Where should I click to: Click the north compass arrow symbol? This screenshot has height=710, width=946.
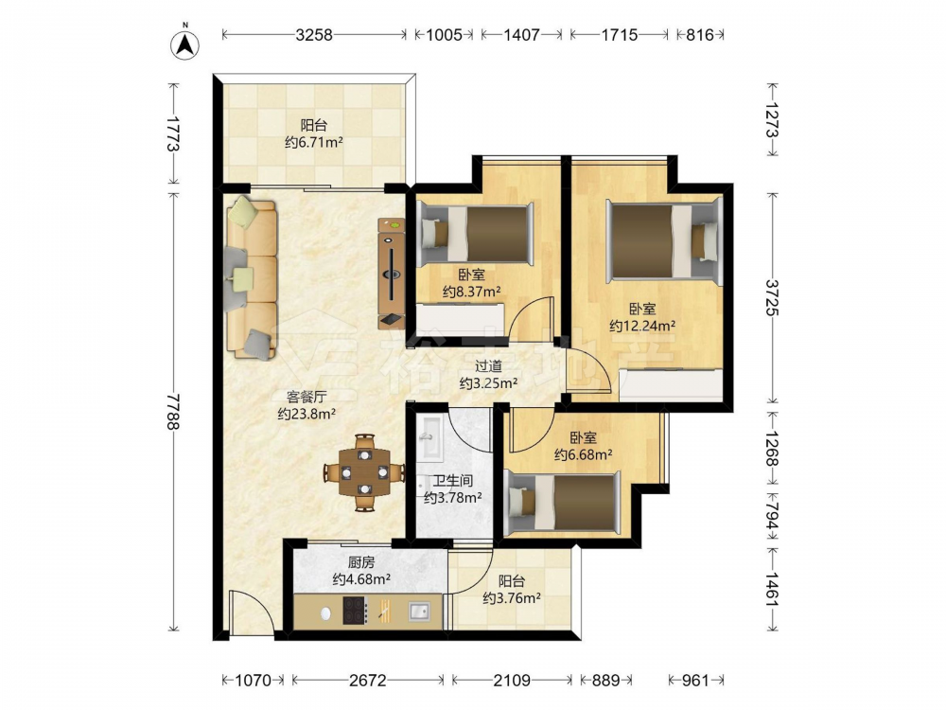tap(185, 43)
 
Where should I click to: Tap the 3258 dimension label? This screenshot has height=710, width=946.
tap(314, 35)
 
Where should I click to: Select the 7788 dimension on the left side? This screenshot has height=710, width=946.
tap(174, 412)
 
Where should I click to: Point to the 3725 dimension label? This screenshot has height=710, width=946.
tap(772, 297)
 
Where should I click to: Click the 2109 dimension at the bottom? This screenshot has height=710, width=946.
tap(512, 681)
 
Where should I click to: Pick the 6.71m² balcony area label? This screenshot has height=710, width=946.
tap(314, 143)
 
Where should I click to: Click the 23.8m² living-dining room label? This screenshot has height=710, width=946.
tap(307, 414)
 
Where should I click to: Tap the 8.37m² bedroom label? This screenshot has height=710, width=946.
tap(472, 293)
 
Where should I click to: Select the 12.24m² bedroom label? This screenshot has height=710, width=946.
tap(642, 326)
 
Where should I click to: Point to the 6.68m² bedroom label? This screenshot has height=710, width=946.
tap(584, 454)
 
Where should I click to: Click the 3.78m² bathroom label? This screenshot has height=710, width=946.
tap(452, 498)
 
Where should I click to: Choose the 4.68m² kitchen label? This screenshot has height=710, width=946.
tap(361, 579)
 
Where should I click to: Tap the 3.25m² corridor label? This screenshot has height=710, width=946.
tap(489, 382)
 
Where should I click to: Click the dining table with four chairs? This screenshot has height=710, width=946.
tap(364, 472)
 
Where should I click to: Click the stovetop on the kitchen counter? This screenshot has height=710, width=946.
tap(356, 611)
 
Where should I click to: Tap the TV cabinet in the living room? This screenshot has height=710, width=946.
tap(392, 274)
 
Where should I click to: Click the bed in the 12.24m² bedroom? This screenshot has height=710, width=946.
tap(664, 241)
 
